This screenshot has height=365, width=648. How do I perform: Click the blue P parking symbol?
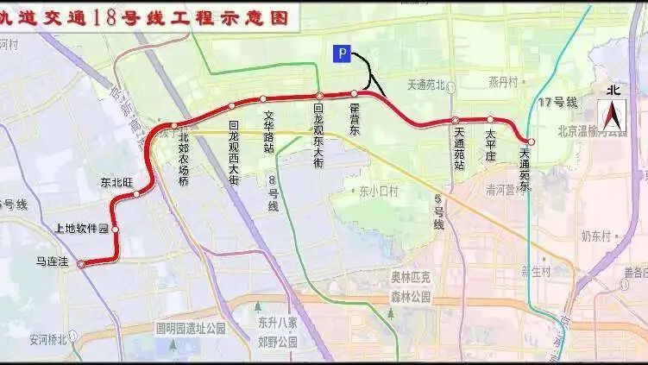tap(342, 54)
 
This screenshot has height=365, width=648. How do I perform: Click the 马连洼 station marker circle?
tap(82, 265)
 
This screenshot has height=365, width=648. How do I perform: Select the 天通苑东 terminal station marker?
tap(531, 142)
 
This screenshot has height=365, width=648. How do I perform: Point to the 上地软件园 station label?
tap(82, 229)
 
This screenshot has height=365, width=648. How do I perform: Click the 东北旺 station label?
tap(116, 182)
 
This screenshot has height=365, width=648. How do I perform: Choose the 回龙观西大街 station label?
tap(233, 148)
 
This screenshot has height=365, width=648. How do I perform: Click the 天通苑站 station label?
tap(457, 148)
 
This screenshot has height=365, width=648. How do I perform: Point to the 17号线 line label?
tap(557, 103)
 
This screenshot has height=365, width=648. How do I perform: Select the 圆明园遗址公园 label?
tap(190, 329)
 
